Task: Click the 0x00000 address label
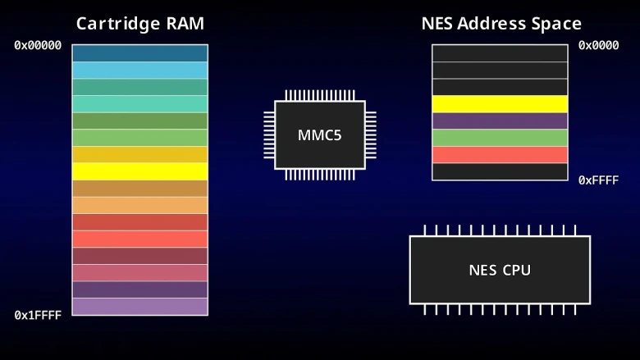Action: click(38, 45)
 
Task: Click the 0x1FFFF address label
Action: click(38, 315)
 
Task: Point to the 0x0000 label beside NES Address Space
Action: click(598, 45)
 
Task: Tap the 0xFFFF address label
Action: click(598, 180)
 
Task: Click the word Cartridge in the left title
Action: click(117, 24)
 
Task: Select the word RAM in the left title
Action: click(185, 24)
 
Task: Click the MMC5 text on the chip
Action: click(319, 135)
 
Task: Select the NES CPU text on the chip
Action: click(500, 271)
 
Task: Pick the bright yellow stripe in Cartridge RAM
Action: click(140, 171)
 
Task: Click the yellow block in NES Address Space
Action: click(500, 104)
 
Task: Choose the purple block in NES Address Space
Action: click(500, 121)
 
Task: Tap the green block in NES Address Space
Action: click(500, 138)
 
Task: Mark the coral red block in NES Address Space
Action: click(500, 155)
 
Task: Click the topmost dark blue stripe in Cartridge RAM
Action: click(140, 53)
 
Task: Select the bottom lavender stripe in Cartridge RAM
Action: click(140, 307)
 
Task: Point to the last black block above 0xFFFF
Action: click(500, 171)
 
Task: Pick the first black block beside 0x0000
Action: click(500, 53)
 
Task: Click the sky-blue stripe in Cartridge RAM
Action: click(140, 71)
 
